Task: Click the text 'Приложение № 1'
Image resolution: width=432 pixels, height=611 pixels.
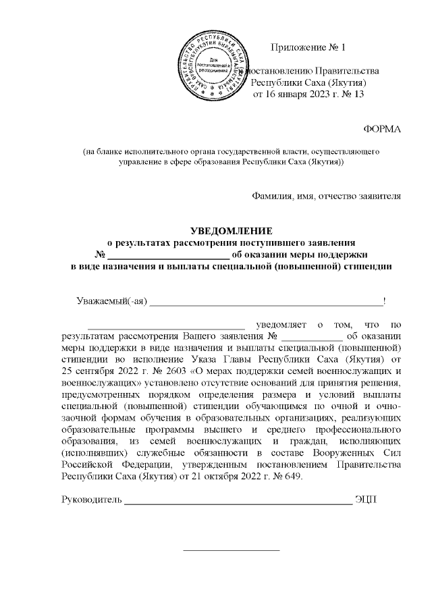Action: tap(307, 47)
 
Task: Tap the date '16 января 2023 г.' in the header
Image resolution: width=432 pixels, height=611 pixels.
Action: tap(298, 95)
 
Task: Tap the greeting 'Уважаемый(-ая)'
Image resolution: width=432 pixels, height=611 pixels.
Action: tap(111, 300)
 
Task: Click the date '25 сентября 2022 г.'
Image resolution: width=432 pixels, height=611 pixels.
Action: tap(106, 372)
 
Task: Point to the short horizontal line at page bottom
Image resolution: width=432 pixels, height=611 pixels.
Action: tap(232, 550)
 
